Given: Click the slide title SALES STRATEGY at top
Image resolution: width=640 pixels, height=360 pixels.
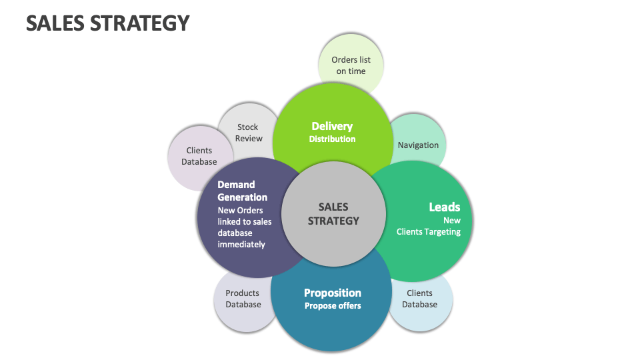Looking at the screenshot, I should tap(108, 23).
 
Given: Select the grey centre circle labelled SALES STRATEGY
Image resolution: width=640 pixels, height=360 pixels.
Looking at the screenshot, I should tap(333, 214).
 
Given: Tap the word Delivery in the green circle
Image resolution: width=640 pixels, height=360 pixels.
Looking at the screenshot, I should tap(332, 126).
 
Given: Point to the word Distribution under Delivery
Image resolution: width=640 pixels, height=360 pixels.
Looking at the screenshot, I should tap(332, 139).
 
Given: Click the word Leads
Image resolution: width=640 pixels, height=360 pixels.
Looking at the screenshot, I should tap(444, 207).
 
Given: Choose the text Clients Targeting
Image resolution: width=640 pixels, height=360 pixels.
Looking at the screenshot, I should tap(428, 232).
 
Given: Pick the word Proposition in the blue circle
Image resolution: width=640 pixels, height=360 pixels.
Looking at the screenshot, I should tap(333, 293).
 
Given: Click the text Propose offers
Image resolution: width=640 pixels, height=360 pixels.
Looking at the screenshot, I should tap(333, 306).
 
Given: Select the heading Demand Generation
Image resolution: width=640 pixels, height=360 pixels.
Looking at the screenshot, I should tap(242, 191).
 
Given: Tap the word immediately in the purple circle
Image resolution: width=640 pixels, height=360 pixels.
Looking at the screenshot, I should tap(241, 244).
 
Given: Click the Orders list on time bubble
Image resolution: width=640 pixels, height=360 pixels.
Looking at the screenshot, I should tap(351, 65).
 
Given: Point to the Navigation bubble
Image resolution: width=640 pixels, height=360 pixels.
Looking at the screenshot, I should tap(419, 145).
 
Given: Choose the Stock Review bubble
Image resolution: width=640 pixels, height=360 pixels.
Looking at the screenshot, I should tap(248, 132).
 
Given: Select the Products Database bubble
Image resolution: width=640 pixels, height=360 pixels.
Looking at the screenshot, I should tap(243, 299).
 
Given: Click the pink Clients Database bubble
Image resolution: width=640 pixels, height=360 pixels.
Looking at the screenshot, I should tap(199, 156).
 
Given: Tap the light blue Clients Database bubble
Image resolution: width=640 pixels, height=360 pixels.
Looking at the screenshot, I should tap(420, 299).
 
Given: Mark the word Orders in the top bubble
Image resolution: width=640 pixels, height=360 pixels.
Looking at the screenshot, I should tap(345, 60).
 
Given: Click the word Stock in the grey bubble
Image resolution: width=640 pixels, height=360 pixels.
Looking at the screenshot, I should tap(248, 127).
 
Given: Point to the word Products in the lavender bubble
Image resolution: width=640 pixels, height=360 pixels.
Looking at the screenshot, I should tap(242, 293).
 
